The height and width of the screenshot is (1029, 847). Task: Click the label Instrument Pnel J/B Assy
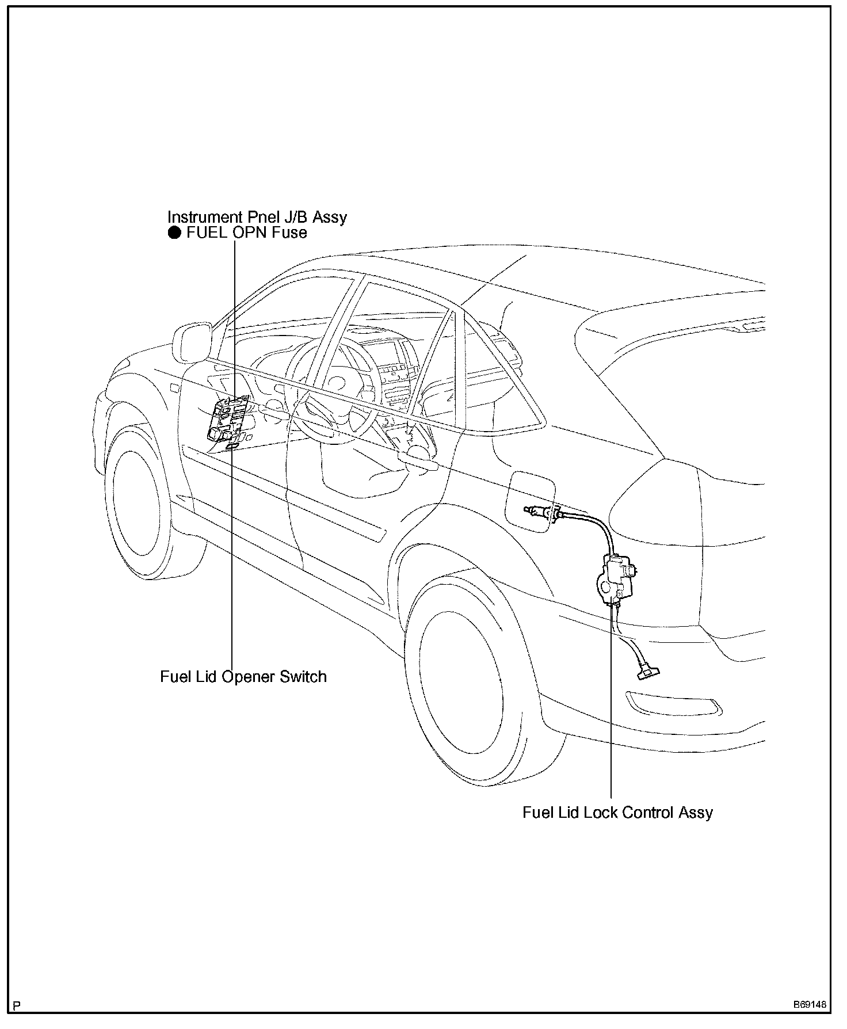click(257, 217)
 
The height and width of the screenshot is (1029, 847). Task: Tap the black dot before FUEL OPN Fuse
click(174, 233)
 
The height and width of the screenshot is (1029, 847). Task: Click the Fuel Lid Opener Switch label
click(243, 676)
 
